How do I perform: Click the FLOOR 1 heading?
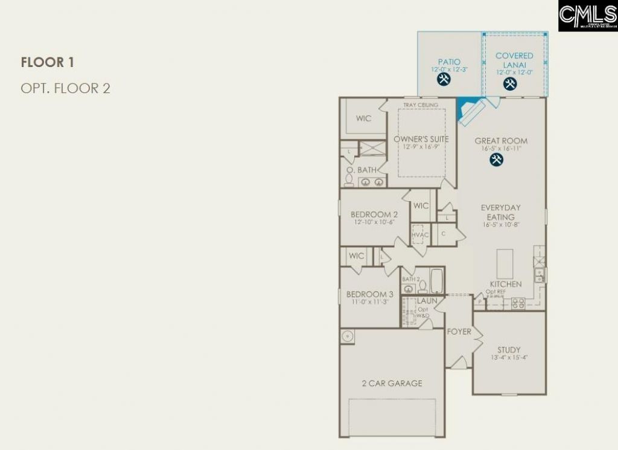47,62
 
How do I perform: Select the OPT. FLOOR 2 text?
65,88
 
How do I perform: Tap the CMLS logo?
587,16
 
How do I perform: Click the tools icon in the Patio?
444,80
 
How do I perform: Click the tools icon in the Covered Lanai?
509,84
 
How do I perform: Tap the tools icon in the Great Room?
496,160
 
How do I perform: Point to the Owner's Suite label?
421,140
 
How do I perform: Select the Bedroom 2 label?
374,214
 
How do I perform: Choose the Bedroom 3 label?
370,294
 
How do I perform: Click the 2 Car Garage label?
392,384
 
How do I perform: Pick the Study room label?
509,350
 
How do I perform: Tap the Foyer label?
459,332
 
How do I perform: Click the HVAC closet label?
420,234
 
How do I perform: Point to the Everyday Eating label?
501,212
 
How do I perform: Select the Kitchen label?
506,284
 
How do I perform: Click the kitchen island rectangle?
505,263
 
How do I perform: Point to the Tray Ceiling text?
421,105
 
